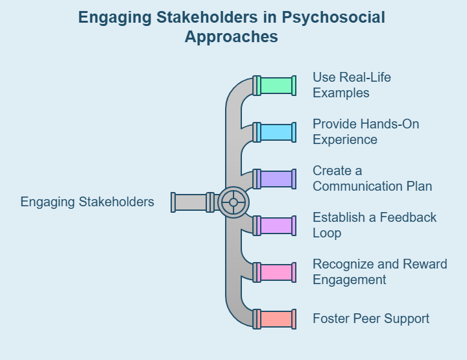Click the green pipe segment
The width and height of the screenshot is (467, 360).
(x=276, y=86)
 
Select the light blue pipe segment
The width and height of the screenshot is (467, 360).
(x=276, y=132)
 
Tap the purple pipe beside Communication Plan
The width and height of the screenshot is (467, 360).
(x=276, y=179)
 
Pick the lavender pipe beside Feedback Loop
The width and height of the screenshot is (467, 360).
(x=276, y=226)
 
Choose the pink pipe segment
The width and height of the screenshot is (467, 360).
(x=276, y=272)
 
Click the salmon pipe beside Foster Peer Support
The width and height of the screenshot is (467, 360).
(x=276, y=319)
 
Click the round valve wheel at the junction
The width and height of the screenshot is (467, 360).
(x=233, y=202)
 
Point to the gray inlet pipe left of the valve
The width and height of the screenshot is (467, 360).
(x=191, y=202)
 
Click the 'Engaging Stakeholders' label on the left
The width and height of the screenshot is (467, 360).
(x=88, y=202)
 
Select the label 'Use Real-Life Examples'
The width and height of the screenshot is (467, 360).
(x=352, y=85)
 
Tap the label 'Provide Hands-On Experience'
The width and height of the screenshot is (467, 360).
(x=366, y=132)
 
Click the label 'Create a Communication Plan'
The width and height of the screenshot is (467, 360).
(x=372, y=178)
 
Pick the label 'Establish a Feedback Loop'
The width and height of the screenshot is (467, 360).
(x=375, y=225)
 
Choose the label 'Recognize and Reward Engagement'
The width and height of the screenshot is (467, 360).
(x=379, y=272)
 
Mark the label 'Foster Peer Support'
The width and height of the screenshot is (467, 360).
(x=371, y=318)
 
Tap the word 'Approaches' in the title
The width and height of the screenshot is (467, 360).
(x=232, y=37)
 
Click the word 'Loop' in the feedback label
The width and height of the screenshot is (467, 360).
(x=327, y=233)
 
